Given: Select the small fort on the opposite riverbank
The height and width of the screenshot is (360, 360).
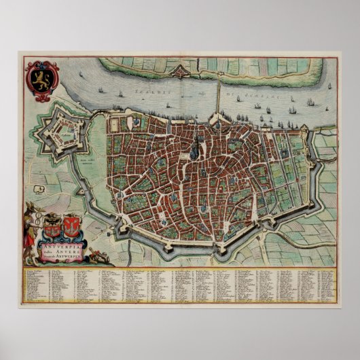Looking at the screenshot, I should point(179,70).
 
